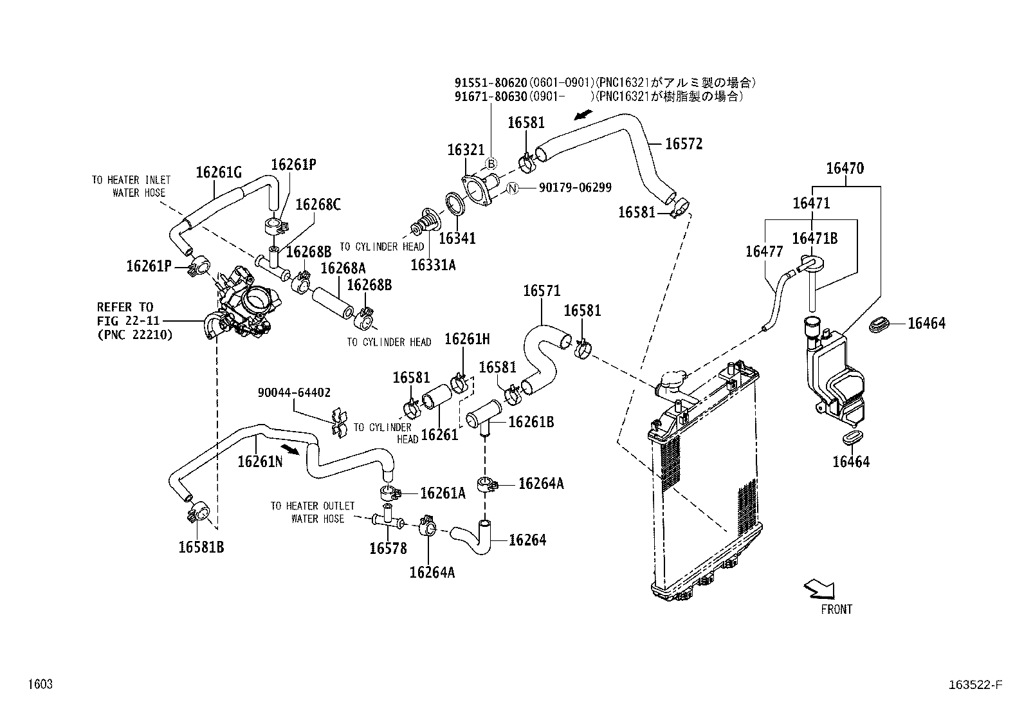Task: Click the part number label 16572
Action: [x=683, y=144]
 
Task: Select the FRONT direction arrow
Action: [x=819, y=588]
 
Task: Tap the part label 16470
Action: [x=845, y=169]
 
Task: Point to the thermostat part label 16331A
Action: [x=432, y=264]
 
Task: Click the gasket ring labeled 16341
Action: [x=456, y=205]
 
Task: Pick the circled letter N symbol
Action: [x=512, y=188]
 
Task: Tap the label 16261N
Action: [x=260, y=461]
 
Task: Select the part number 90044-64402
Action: [x=294, y=392]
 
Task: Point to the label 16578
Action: [x=388, y=548]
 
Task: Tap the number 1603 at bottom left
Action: [x=39, y=684]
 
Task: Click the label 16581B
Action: [x=201, y=547]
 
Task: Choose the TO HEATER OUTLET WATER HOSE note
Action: [x=312, y=512]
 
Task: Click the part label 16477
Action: [x=764, y=252]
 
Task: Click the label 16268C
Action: [x=318, y=205]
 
